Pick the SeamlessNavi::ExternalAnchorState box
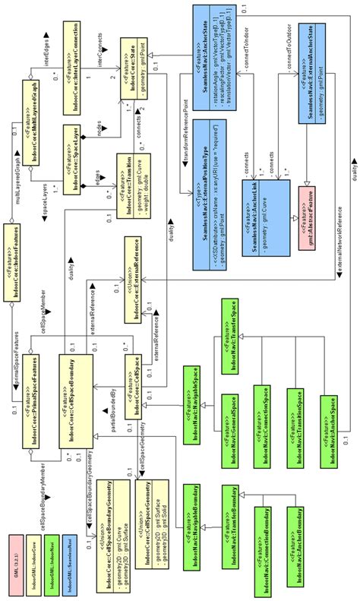click(312, 81)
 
